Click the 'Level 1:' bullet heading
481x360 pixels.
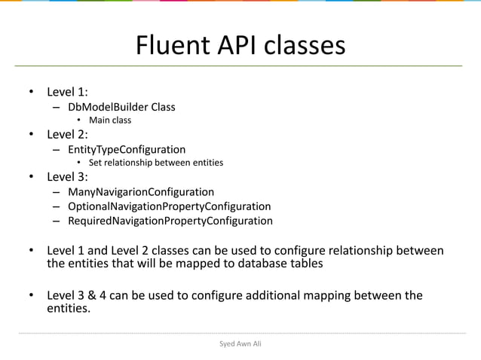pyautogui.click(x=68, y=93)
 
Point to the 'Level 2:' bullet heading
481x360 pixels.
pyautogui.click(x=68, y=135)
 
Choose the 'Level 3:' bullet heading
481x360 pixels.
pyautogui.click(x=68, y=178)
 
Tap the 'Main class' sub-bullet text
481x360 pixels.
pyautogui.click(x=110, y=120)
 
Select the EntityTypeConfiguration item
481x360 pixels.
pyautogui.click(x=127, y=149)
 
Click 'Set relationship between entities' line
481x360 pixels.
pyautogui.click(x=156, y=162)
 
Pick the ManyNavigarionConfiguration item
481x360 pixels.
pyautogui.click(x=141, y=192)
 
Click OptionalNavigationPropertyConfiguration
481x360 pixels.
pyautogui.click(x=169, y=206)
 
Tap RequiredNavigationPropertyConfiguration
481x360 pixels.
pyautogui.click(x=170, y=221)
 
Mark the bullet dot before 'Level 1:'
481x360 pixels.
pyautogui.click(x=32, y=93)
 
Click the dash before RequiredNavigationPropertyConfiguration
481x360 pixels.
pyautogui.click(x=57, y=221)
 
